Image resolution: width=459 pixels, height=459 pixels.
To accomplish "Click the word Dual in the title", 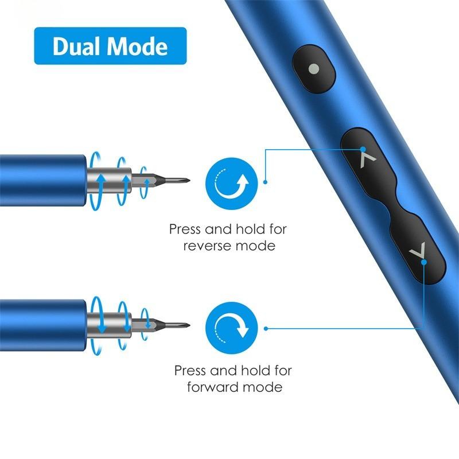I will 76,46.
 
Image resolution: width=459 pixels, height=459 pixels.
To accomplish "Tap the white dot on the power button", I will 313,69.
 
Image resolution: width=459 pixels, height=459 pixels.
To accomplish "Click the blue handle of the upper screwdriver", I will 40,179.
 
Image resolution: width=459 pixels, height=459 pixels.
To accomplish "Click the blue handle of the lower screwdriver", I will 40,325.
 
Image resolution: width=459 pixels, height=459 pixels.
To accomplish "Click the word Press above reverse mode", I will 185,229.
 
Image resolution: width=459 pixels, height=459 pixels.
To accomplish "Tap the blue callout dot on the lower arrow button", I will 423,263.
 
